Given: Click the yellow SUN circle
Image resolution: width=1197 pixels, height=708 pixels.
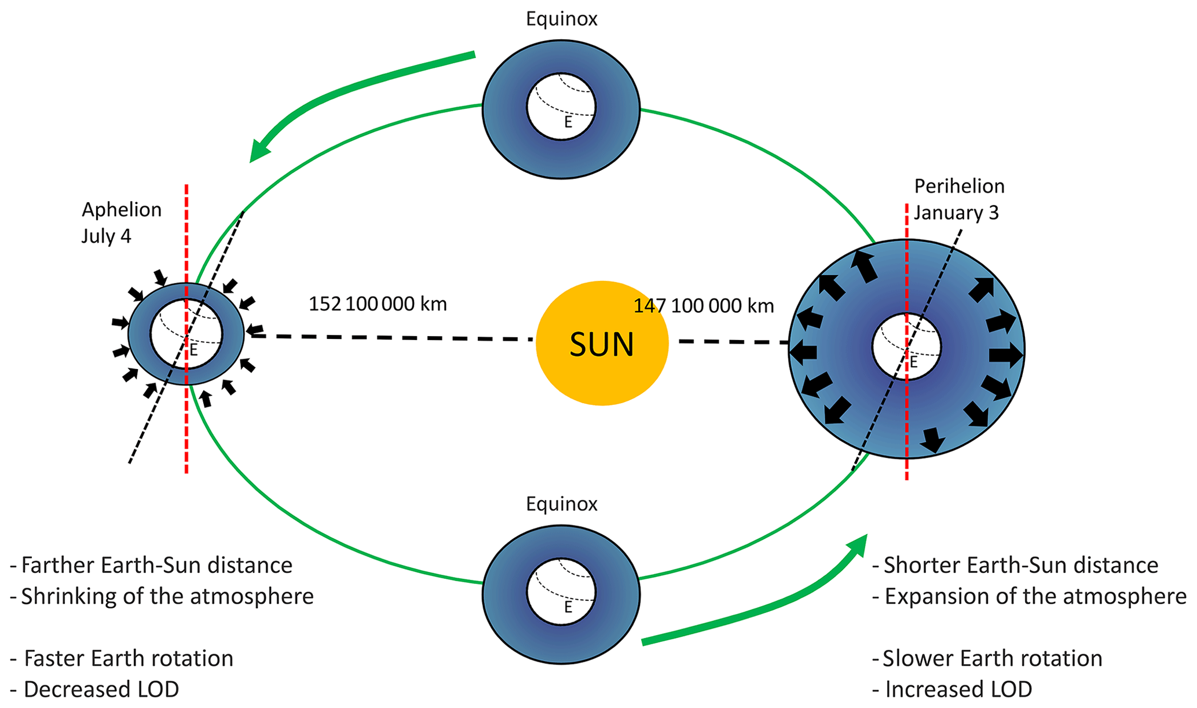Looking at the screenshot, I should click(602, 343).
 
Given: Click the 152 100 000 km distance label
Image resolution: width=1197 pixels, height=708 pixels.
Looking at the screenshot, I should click(378, 304).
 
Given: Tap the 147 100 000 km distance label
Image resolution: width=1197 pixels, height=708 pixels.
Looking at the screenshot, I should click(704, 306).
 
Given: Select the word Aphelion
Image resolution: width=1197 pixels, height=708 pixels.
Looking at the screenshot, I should click(122, 210).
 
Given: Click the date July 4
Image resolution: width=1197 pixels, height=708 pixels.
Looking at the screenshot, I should click(106, 236).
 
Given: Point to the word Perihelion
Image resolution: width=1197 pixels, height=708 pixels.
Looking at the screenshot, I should click(959, 187).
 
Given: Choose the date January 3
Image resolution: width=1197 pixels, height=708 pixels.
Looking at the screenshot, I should click(956, 213).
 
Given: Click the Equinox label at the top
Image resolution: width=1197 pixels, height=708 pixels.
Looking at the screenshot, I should click(561, 19).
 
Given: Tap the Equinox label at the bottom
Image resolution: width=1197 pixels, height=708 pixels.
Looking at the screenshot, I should click(561, 504).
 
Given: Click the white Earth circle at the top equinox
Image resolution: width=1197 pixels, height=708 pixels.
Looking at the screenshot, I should click(561, 107).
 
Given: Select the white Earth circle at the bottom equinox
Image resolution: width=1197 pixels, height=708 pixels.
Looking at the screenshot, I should click(561, 592).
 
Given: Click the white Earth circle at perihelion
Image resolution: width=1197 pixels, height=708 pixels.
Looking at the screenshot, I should click(907, 346).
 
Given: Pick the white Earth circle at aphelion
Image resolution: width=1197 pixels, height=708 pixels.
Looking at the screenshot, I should click(186, 334).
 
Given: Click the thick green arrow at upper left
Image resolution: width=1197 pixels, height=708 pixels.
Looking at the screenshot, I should click(347, 93).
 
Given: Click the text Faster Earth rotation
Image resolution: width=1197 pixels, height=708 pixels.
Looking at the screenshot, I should click(128, 659).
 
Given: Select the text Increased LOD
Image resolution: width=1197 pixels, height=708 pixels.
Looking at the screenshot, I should click(958, 689).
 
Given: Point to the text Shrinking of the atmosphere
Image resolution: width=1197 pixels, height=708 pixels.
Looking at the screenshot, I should click(167, 597).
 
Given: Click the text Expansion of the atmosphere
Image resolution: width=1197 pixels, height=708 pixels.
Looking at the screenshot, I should click(1035, 597).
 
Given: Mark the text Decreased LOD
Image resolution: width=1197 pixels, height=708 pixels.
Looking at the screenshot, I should click(101, 689).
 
